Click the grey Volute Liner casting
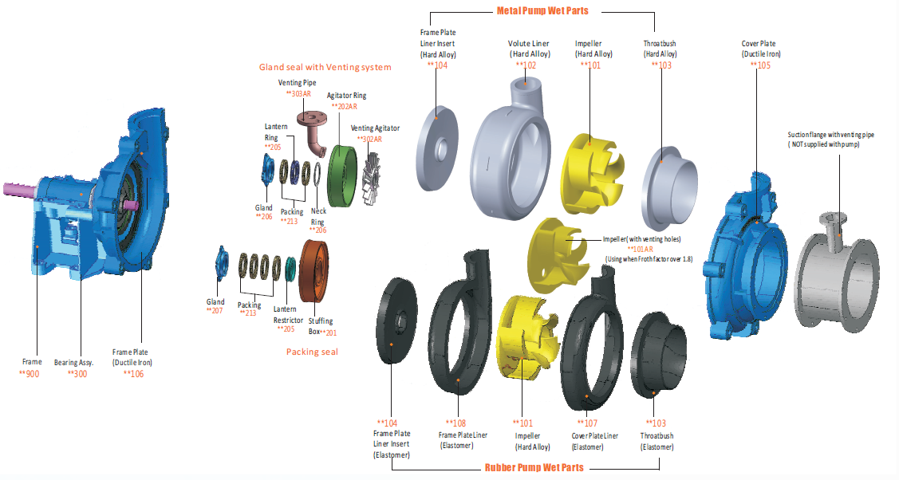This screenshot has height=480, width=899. (511, 151)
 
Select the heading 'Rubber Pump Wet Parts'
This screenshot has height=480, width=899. (534, 467)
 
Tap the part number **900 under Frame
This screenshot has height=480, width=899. (31, 373)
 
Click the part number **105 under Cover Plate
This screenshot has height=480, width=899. (760, 65)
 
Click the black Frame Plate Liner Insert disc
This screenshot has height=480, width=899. (394, 319)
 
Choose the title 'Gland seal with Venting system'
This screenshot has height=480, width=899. (325, 67)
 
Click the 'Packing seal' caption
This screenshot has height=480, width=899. (313, 352)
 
